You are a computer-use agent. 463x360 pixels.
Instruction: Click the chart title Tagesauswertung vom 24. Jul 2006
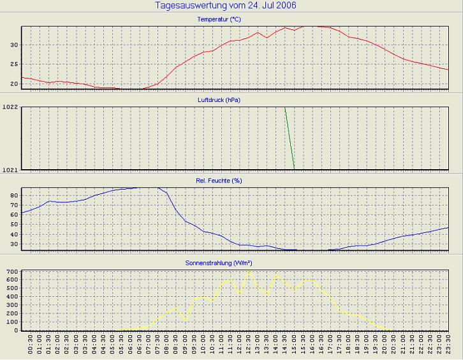[226, 6]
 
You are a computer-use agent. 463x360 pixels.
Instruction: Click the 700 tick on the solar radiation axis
[10, 273]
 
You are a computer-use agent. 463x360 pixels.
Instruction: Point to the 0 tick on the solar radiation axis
[15, 330]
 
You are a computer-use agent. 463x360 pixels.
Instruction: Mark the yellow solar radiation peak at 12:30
[249, 271]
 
